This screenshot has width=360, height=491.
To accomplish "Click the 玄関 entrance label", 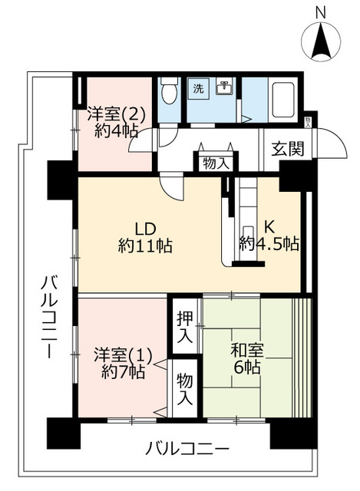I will click(x=287, y=148).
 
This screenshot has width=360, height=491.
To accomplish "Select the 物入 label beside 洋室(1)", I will click(x=185, y=390).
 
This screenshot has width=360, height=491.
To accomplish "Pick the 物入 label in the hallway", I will click(x=216, y=163).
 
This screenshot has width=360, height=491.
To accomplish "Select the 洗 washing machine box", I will click(x=198, y=88).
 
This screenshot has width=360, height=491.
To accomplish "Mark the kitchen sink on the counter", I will click(x=247, y=235).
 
